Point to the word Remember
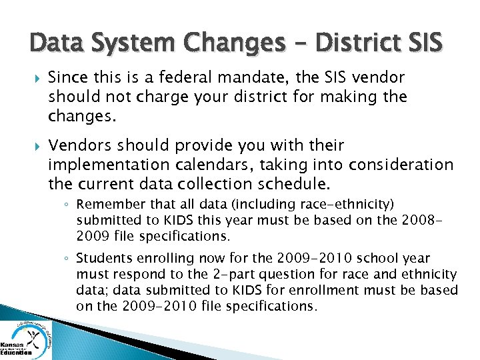click(x=106, y=205)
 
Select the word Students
click(x=103, y=258)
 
